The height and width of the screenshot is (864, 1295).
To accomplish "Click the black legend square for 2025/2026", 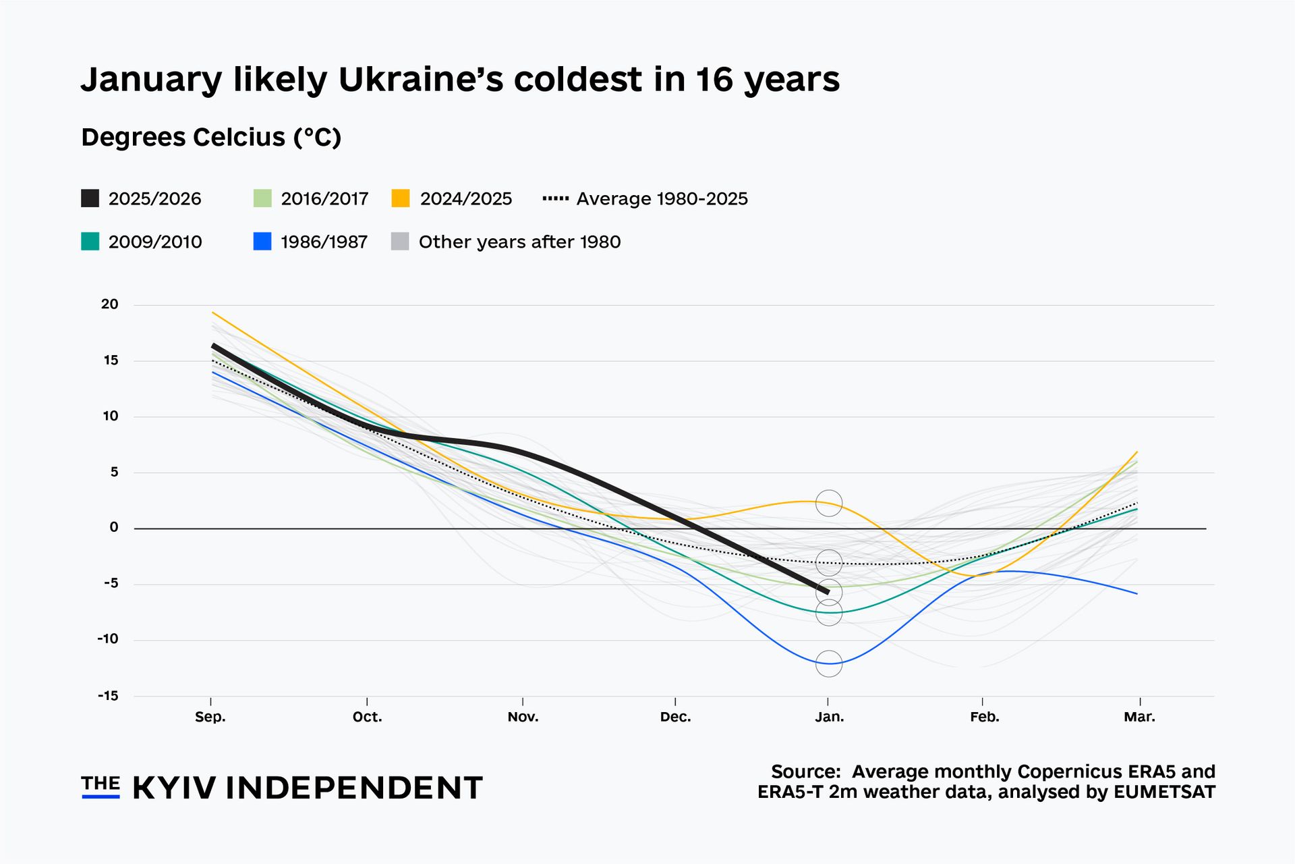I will point(90,198).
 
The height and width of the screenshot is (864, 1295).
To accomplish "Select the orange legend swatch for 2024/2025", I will point(401,198).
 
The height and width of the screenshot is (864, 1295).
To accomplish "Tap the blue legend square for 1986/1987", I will point(262,242).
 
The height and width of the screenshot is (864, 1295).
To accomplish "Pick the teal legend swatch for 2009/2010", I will point(90,242).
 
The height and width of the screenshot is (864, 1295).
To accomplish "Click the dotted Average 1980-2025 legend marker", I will point(556,198).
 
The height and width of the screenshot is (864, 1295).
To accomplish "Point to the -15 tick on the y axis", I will point(108,695).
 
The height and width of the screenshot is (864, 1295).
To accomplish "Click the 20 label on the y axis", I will point(109,304).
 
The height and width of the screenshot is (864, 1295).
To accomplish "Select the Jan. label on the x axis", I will point(829,717).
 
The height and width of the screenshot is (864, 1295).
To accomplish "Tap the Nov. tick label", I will point(523,717).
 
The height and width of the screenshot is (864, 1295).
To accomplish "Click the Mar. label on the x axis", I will point(1139,717).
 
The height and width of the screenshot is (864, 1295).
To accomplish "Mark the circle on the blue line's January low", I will point(829,664).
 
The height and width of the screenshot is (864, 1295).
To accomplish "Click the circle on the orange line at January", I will point(829,504).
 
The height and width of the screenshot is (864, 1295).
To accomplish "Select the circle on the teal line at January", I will point(829,613).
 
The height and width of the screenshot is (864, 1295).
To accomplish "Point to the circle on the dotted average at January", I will point(829,562).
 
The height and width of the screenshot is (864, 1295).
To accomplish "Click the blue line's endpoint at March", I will point(1137,593).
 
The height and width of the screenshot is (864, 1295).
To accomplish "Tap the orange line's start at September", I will point(212,313).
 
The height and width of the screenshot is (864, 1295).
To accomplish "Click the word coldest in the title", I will point(578,80).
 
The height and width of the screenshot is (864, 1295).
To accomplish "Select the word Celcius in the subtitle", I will point(239,137).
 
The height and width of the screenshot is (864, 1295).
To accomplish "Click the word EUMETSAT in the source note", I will point(1164,792).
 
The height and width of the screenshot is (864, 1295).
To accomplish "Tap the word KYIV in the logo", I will point(174,788).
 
